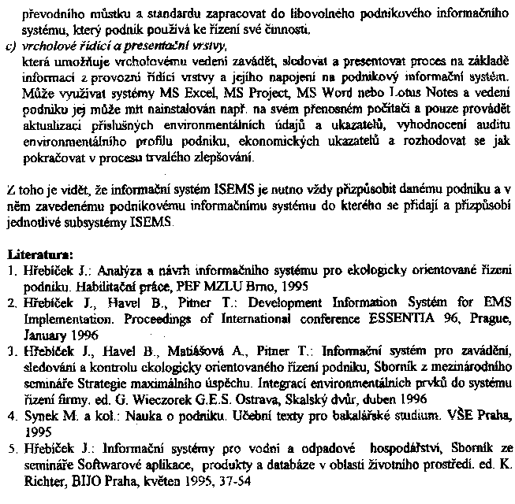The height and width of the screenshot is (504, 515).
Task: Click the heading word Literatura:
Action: [39, 257]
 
